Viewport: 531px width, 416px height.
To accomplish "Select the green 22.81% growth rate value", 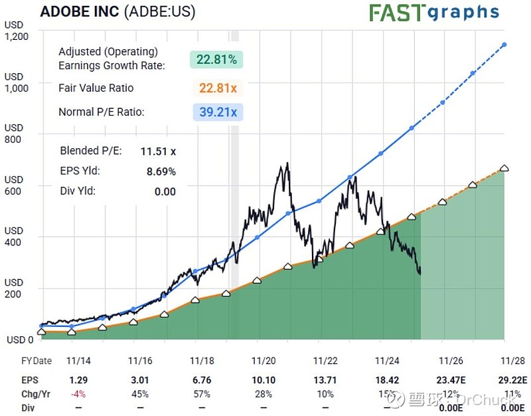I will (216, 60).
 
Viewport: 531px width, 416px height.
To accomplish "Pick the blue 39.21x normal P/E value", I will (218, 112).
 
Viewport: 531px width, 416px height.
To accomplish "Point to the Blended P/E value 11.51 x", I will (158, 151).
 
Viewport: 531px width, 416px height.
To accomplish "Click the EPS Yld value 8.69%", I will (161, 171).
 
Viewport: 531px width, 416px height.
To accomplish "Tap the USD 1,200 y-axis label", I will (14, 31).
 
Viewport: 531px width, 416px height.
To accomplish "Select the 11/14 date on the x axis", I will (78, 361).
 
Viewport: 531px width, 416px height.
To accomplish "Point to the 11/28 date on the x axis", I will (512, 361).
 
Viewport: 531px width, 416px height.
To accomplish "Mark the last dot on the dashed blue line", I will (504, 45).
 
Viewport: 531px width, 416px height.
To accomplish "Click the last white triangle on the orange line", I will (504, 168).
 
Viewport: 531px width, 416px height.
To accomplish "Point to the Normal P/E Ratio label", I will (102, 112).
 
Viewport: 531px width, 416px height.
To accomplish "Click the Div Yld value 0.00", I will (165, 191).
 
